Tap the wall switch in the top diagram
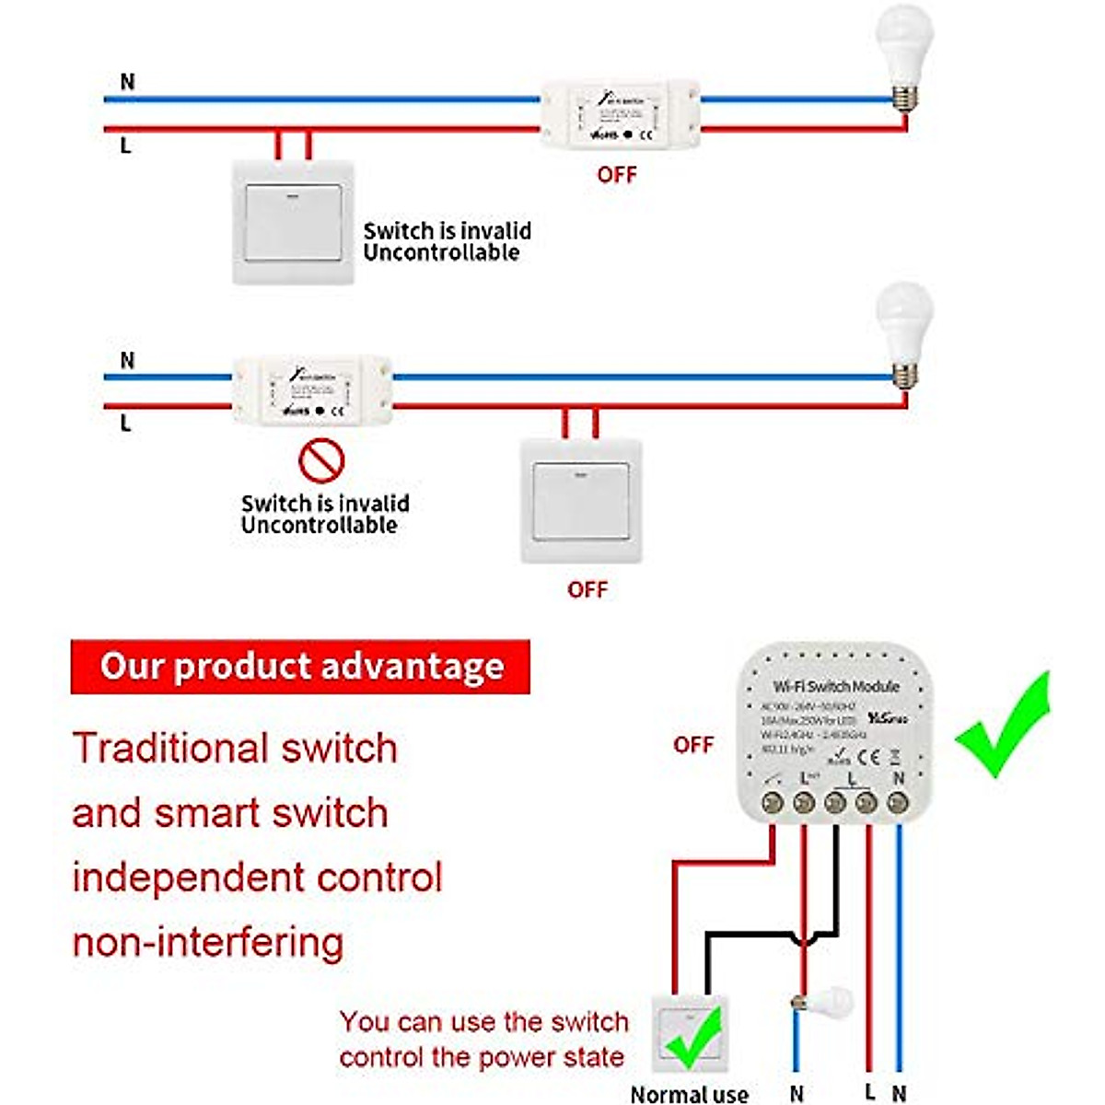pos(293,222)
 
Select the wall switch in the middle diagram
pos(581,501)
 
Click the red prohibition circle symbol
pos(321,460)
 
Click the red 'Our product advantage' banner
pos(301,667)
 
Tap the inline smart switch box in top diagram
pos(620,114)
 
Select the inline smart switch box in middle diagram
pos(312,390)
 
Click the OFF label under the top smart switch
pos(617,175)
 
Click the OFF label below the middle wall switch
pos(587,589)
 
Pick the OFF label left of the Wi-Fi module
pos(693,745)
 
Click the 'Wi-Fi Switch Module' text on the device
pos(836,687)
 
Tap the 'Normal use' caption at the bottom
pos(689,1094)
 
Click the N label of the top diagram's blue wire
pos(127,82)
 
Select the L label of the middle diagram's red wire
pos(126,424)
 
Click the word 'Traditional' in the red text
pos(169,748)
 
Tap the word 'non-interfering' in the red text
pos(208,942)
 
